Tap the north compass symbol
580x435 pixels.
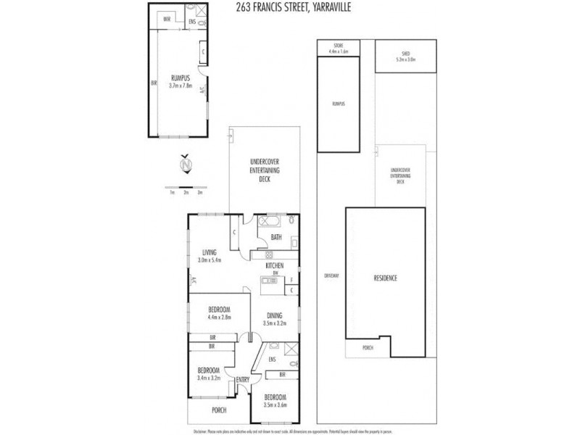pyautogui.click(x=186, y=166)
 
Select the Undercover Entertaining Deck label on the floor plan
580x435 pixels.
pyautogui.click(x=265, y=170)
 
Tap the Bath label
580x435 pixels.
pyautogui.click(x=276, y=237)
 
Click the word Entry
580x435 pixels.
pyautogui.click(x=241, y=381)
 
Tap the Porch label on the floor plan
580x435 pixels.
pyautogui.click(x=218, y=410)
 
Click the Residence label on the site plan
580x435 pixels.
pyautogui.click(x=385, y=278)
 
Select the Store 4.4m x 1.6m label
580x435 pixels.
pyautogui.click(x=339, y=49)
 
